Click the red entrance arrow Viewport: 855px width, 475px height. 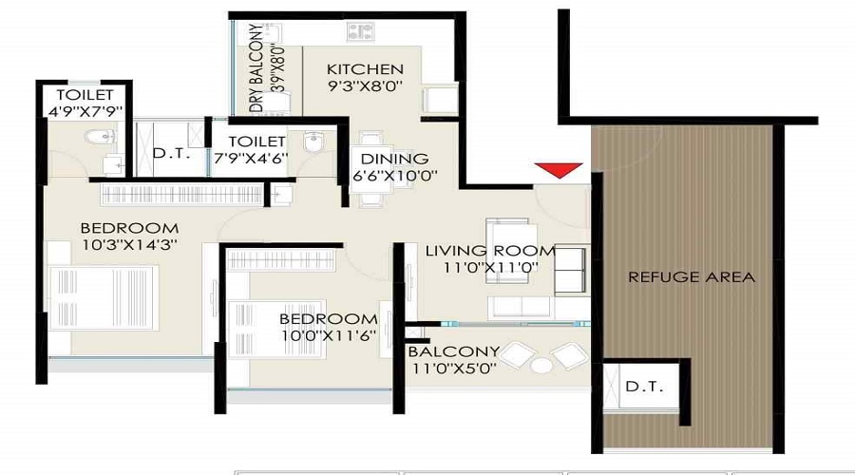pos(559,170)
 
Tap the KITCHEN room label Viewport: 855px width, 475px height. pos(365,69)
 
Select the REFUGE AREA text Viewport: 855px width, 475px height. pos(692,277)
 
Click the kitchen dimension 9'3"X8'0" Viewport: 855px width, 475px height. pos(365,85)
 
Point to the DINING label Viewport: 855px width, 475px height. pos(394,159)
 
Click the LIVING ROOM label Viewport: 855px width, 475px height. pos(490,251)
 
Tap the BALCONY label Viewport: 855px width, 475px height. pos(446,351)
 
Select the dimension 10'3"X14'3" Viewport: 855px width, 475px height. pos(130,245)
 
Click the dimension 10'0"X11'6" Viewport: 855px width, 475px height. pos(329,335)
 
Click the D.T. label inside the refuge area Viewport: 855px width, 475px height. pos(644,388)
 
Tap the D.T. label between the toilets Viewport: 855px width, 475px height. pos(171,154)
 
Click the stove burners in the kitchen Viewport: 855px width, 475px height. pos(360,31)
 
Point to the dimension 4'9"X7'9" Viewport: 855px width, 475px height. pos(85,112)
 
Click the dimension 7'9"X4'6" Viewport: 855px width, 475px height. pos(251,158)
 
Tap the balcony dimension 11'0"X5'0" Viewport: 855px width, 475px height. pos(454,369)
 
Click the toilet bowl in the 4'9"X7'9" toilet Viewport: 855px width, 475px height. pos(101,137)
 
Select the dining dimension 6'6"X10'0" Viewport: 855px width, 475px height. pos(395,176)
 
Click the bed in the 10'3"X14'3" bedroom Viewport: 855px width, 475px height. pos(104,297)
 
